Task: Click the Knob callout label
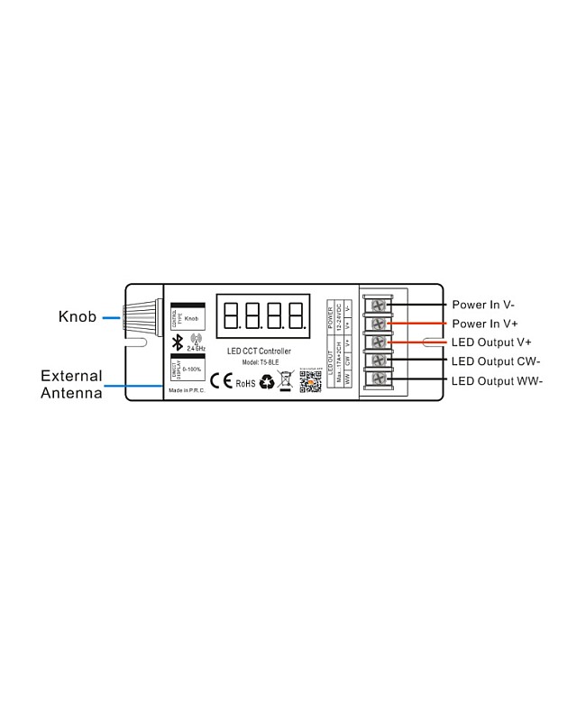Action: pos(78,316)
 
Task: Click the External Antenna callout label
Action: pos(71,384)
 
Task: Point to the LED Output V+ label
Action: pos(491,342)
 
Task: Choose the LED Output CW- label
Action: pos(496,361)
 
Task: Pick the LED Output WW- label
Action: pos(497,380)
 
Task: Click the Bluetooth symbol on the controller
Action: pos(178,342)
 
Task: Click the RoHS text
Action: pos(245,384)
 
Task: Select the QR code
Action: pos(310,382)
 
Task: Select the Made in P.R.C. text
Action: pos(188,390)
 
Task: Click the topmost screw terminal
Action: pos(379,305)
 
